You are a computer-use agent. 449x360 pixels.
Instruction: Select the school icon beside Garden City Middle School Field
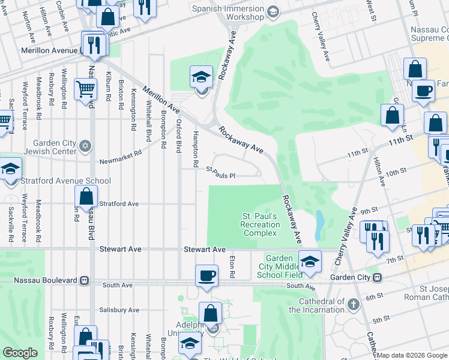[310, 262]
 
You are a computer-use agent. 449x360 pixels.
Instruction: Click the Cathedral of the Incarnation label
[316, 306]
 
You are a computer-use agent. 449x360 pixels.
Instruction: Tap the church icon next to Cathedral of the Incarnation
[354, 305]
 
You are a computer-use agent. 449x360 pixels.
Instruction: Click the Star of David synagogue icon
[85, 145]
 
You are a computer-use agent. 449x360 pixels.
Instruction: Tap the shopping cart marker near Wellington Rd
[85, 89]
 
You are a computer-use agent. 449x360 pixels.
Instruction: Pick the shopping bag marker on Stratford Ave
[86, 196]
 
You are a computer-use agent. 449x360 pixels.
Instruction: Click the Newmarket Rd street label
[120, 153]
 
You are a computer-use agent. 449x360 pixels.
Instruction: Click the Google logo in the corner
[20, 353]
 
